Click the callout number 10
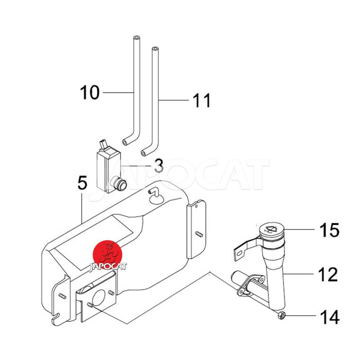(90, 92)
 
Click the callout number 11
(202, 100)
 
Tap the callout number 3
(159, 166)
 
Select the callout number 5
(82, 183)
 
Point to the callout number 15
(330, 230)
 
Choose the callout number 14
(330, 317)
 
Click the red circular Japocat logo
(107, 255)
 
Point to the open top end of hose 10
(137, 37)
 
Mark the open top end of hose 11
(155, 49)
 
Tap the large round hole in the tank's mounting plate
(99, 298)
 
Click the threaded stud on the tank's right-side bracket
(199, 234)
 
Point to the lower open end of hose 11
(143, 152)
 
